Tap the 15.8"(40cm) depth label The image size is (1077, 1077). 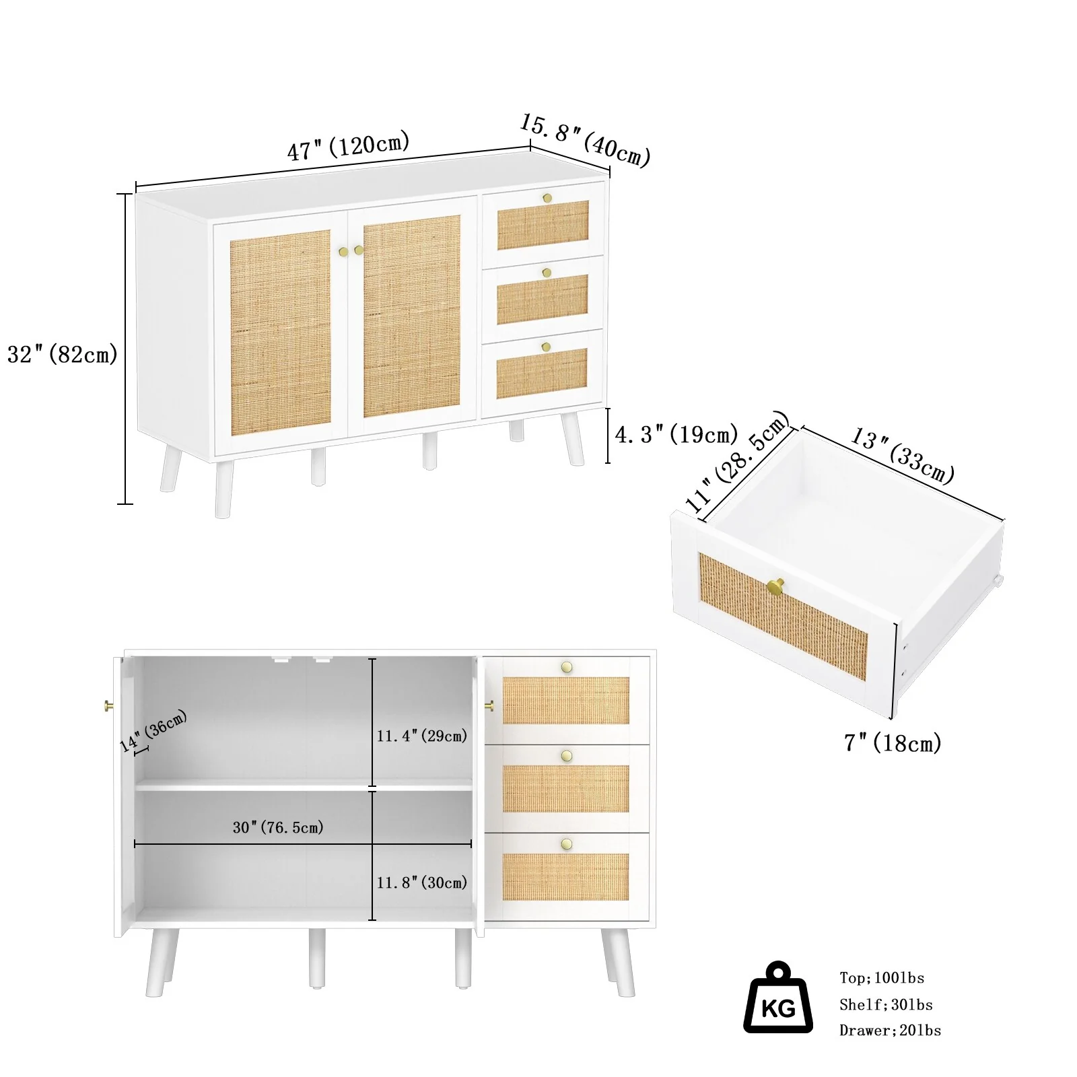tap(585, 140)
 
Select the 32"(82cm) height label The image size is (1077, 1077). tap(63, 354)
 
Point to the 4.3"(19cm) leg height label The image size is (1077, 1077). tap(676, 434)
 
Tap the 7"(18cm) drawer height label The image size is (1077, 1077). tap(893, 742)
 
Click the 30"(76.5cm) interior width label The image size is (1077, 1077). tap(278, 827)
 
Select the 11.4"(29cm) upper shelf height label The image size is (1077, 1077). tap(422, 736)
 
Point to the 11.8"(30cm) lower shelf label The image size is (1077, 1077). tap(422, 882)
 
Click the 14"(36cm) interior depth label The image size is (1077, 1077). tap(153, 731)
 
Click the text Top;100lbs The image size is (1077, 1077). tap(882, 978)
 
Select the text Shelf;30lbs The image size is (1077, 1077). tap(886, 1005)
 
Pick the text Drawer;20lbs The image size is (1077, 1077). tap(890, 1031)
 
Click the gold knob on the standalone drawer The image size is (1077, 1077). tap(776, 587)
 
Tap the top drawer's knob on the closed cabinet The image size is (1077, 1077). tap(547, 198)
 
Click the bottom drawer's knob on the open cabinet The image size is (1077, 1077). tap(567, 844)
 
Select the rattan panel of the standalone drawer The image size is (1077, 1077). tap(783, 616)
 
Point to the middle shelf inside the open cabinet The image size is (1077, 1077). tap(304, 785)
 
